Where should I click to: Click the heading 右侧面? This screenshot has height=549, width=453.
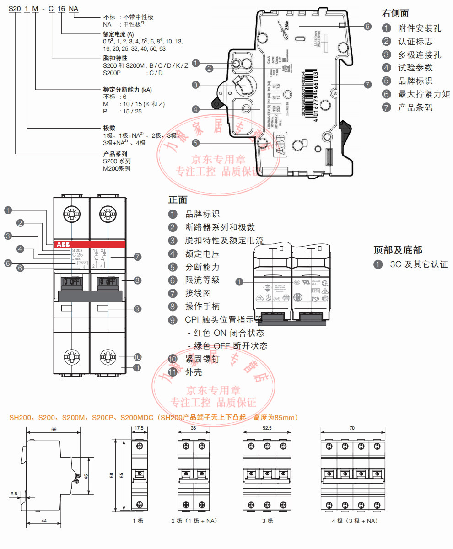point(395,14)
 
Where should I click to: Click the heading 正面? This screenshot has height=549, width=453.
point(178,200)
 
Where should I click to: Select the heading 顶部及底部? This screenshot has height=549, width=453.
point(398,250)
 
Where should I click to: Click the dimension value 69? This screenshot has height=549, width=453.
point(54,430)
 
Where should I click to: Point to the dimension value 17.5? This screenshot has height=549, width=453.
point(139,429)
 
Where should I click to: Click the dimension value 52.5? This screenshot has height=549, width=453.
point(267,429)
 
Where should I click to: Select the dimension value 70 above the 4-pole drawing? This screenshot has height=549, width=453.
point(351,429)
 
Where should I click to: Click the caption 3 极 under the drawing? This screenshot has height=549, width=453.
point(267,521)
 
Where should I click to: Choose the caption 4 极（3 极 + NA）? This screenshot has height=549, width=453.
point(355,521)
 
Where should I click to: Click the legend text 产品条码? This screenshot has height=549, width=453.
point(415,108)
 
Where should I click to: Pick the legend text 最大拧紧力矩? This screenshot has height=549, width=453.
point(424,94)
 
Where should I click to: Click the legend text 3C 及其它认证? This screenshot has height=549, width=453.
point(418,264)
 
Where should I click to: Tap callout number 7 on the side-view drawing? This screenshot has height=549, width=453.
point(368,85)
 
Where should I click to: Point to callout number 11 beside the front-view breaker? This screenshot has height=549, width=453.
point(137,367)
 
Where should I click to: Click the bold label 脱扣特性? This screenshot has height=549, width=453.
point(115,59)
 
